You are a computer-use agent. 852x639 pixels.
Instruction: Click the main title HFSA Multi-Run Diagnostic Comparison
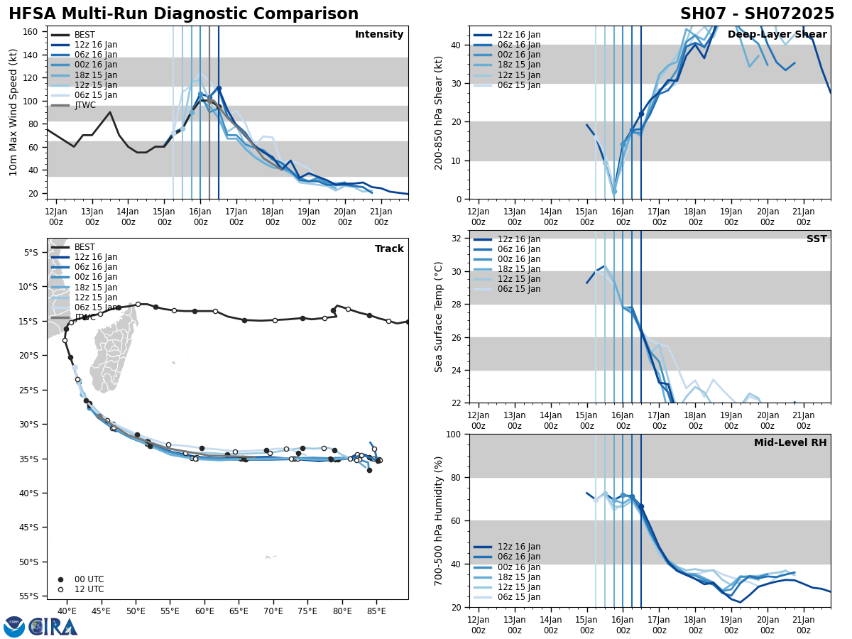[183, 14]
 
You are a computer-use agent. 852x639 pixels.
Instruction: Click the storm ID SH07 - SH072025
[757, 14]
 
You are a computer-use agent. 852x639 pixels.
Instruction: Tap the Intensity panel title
[379, 35]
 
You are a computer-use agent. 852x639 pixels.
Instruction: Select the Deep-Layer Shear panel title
[777, 35]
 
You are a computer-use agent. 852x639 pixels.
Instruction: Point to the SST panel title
[816, 239]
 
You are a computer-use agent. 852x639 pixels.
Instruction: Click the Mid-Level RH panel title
[790, 443]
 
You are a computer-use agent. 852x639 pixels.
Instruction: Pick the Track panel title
[389, 249]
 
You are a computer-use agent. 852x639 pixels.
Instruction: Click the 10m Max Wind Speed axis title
[13, 112]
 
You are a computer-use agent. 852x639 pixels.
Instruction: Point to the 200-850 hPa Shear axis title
[439, 112]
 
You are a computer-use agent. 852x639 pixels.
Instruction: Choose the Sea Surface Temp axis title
[439, 317]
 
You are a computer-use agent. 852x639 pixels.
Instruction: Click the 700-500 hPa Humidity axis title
[439, 520]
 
